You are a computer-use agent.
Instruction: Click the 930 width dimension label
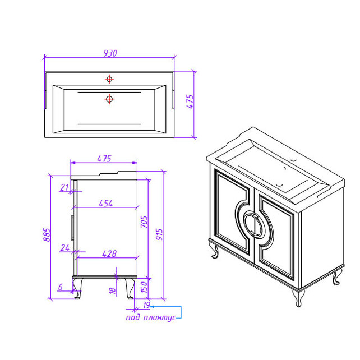coord(110,53)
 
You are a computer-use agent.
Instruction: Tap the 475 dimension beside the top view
coord(190,101)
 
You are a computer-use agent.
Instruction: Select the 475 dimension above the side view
coord(104,159)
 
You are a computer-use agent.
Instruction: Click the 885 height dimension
coord(47,234)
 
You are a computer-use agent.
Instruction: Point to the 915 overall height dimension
coord(159,234)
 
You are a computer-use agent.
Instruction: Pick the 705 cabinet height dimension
coord(144,221)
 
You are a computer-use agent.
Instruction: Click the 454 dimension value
coord(105,203)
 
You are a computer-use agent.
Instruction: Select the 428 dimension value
coord(109,253)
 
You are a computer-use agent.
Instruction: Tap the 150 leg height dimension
coord(144,287)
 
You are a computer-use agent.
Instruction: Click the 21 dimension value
coord(64,187)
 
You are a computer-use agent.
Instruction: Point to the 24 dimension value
coord(65,247)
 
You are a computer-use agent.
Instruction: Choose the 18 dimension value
coord(113,290)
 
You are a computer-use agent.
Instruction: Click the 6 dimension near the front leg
coord(61,287)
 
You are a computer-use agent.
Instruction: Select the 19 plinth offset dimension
coord(146,305)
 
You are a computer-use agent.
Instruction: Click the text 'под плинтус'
coord(151,317)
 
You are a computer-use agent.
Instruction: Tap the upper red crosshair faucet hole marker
coord(109,79)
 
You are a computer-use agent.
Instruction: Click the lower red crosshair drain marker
coord(109,99)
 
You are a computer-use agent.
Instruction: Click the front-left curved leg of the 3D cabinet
coord(215,251)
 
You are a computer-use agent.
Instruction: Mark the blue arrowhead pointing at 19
coord(152,307)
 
